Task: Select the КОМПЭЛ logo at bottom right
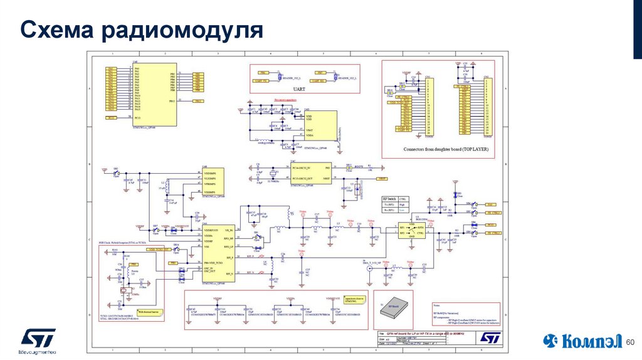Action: pos(582,341)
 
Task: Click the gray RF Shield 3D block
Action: pos(394,307)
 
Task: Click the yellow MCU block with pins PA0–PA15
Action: pos(153,94)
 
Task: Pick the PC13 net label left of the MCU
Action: pos(111,118)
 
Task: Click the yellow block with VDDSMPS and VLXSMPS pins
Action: pos(213,183)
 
